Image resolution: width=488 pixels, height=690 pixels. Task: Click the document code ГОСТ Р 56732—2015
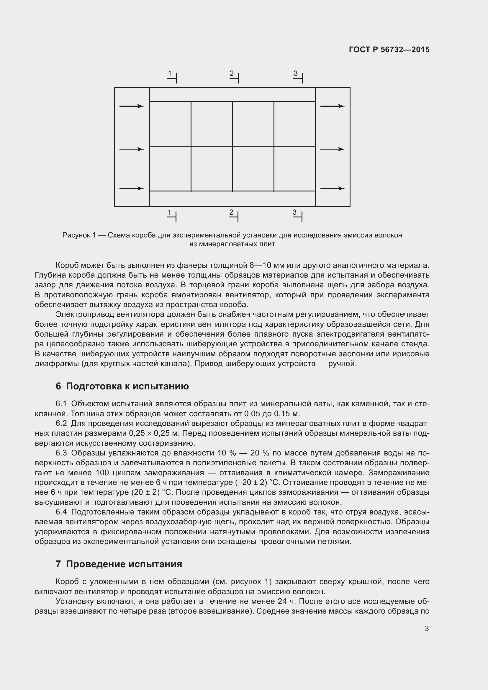[389, 50]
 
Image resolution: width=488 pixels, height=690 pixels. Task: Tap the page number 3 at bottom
[427, 628]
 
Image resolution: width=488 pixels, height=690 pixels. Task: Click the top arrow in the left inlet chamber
[132, 106]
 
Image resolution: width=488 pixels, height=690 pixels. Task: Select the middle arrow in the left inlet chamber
[132, 149]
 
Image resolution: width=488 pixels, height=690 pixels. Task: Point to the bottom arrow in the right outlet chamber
[332, 189]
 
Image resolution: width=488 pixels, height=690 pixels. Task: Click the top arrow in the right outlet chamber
[332, 106]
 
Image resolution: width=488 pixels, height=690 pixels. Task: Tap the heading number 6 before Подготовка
[58, 386]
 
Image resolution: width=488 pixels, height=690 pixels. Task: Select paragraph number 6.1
[61, 404]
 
